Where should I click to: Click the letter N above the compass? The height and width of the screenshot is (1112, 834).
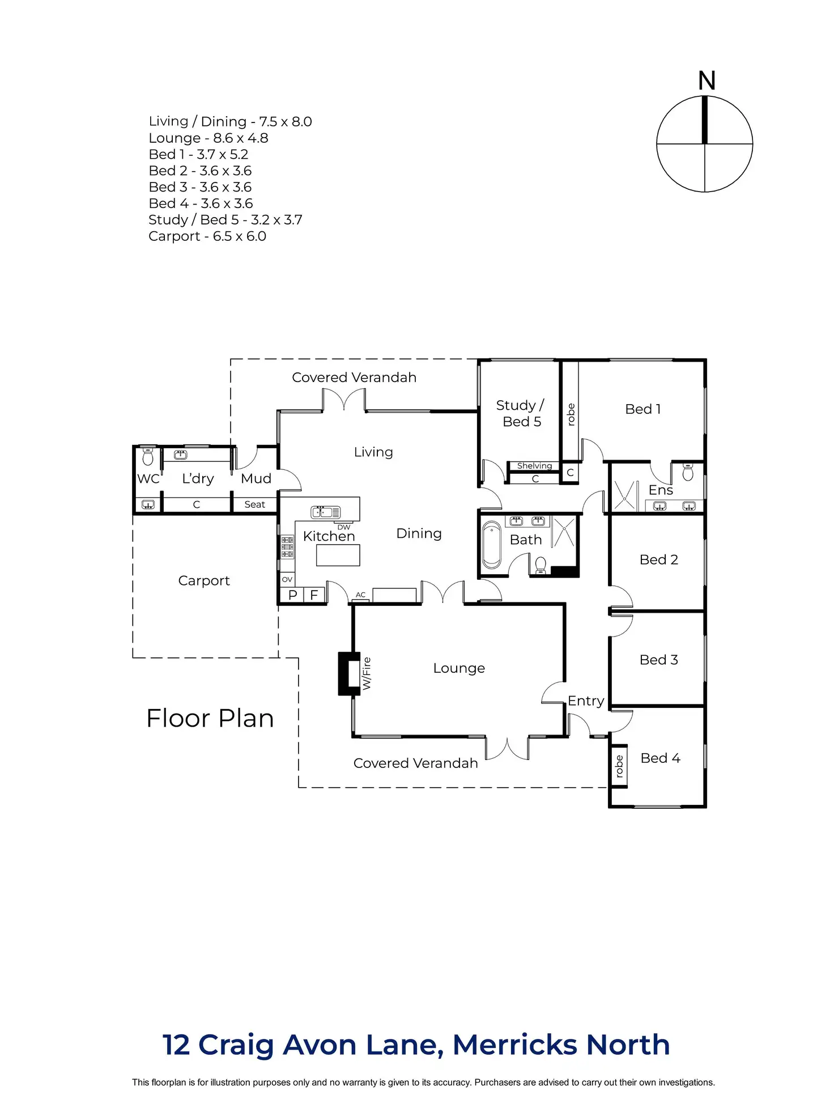(707, 80)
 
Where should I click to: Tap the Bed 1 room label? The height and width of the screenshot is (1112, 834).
(643, 409)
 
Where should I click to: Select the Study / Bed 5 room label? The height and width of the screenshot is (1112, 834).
(520, 413)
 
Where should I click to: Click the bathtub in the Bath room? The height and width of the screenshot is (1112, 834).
(492, 545)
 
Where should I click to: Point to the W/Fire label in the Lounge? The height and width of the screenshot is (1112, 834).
(367, 673)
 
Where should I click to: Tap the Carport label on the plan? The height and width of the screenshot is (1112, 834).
(204, 581)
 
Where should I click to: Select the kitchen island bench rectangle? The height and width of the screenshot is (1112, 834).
(338, 555)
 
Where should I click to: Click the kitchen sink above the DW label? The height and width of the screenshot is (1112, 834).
(325, 512)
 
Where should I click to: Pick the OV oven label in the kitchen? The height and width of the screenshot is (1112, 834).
(287, 579)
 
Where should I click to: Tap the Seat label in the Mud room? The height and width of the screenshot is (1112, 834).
(254, 504)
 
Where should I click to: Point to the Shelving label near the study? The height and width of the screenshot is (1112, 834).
(534, 466)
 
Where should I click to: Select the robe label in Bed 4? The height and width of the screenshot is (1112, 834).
(619, 766)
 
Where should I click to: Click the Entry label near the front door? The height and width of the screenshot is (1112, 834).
(586, 701)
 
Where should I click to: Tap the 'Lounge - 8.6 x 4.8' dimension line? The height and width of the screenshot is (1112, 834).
(208, 138)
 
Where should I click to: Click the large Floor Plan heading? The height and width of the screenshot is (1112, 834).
(210, 718)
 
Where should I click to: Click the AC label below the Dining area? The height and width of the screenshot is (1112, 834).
(361, 595)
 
